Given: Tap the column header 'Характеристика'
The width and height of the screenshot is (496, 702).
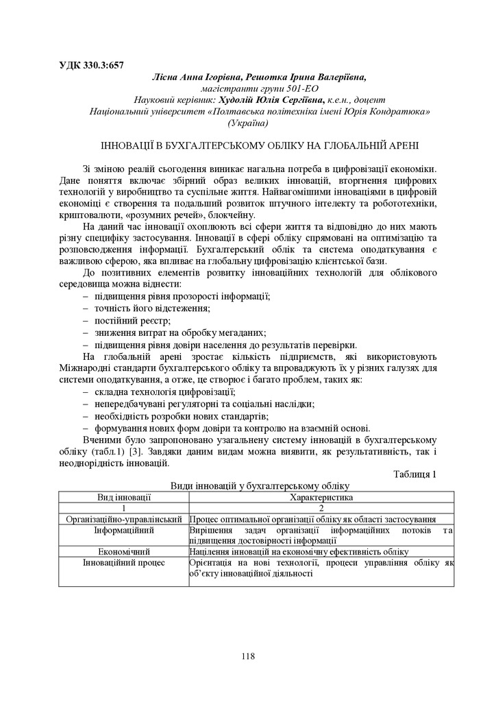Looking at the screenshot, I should [x=321, y=498].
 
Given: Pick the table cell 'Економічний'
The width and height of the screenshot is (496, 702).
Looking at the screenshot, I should [x=123, y=551].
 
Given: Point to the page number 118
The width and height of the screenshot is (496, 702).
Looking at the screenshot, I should [x=248, y=656].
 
